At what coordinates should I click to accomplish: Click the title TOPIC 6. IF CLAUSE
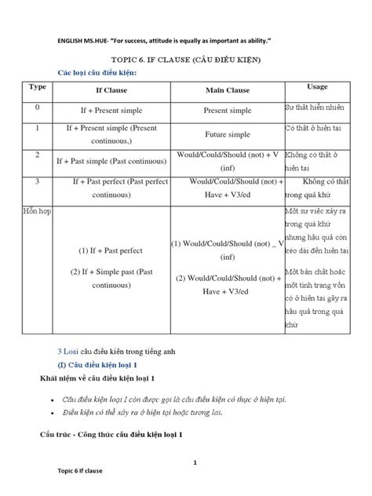tap(186, 60)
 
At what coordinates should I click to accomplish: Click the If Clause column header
tap(109, 90)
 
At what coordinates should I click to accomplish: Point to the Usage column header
tap(317, 87)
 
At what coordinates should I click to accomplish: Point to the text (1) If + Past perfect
tap(109, 251)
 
